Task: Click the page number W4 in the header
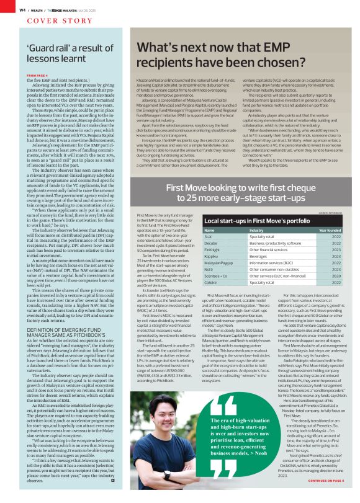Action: click(x=22, y=11)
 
